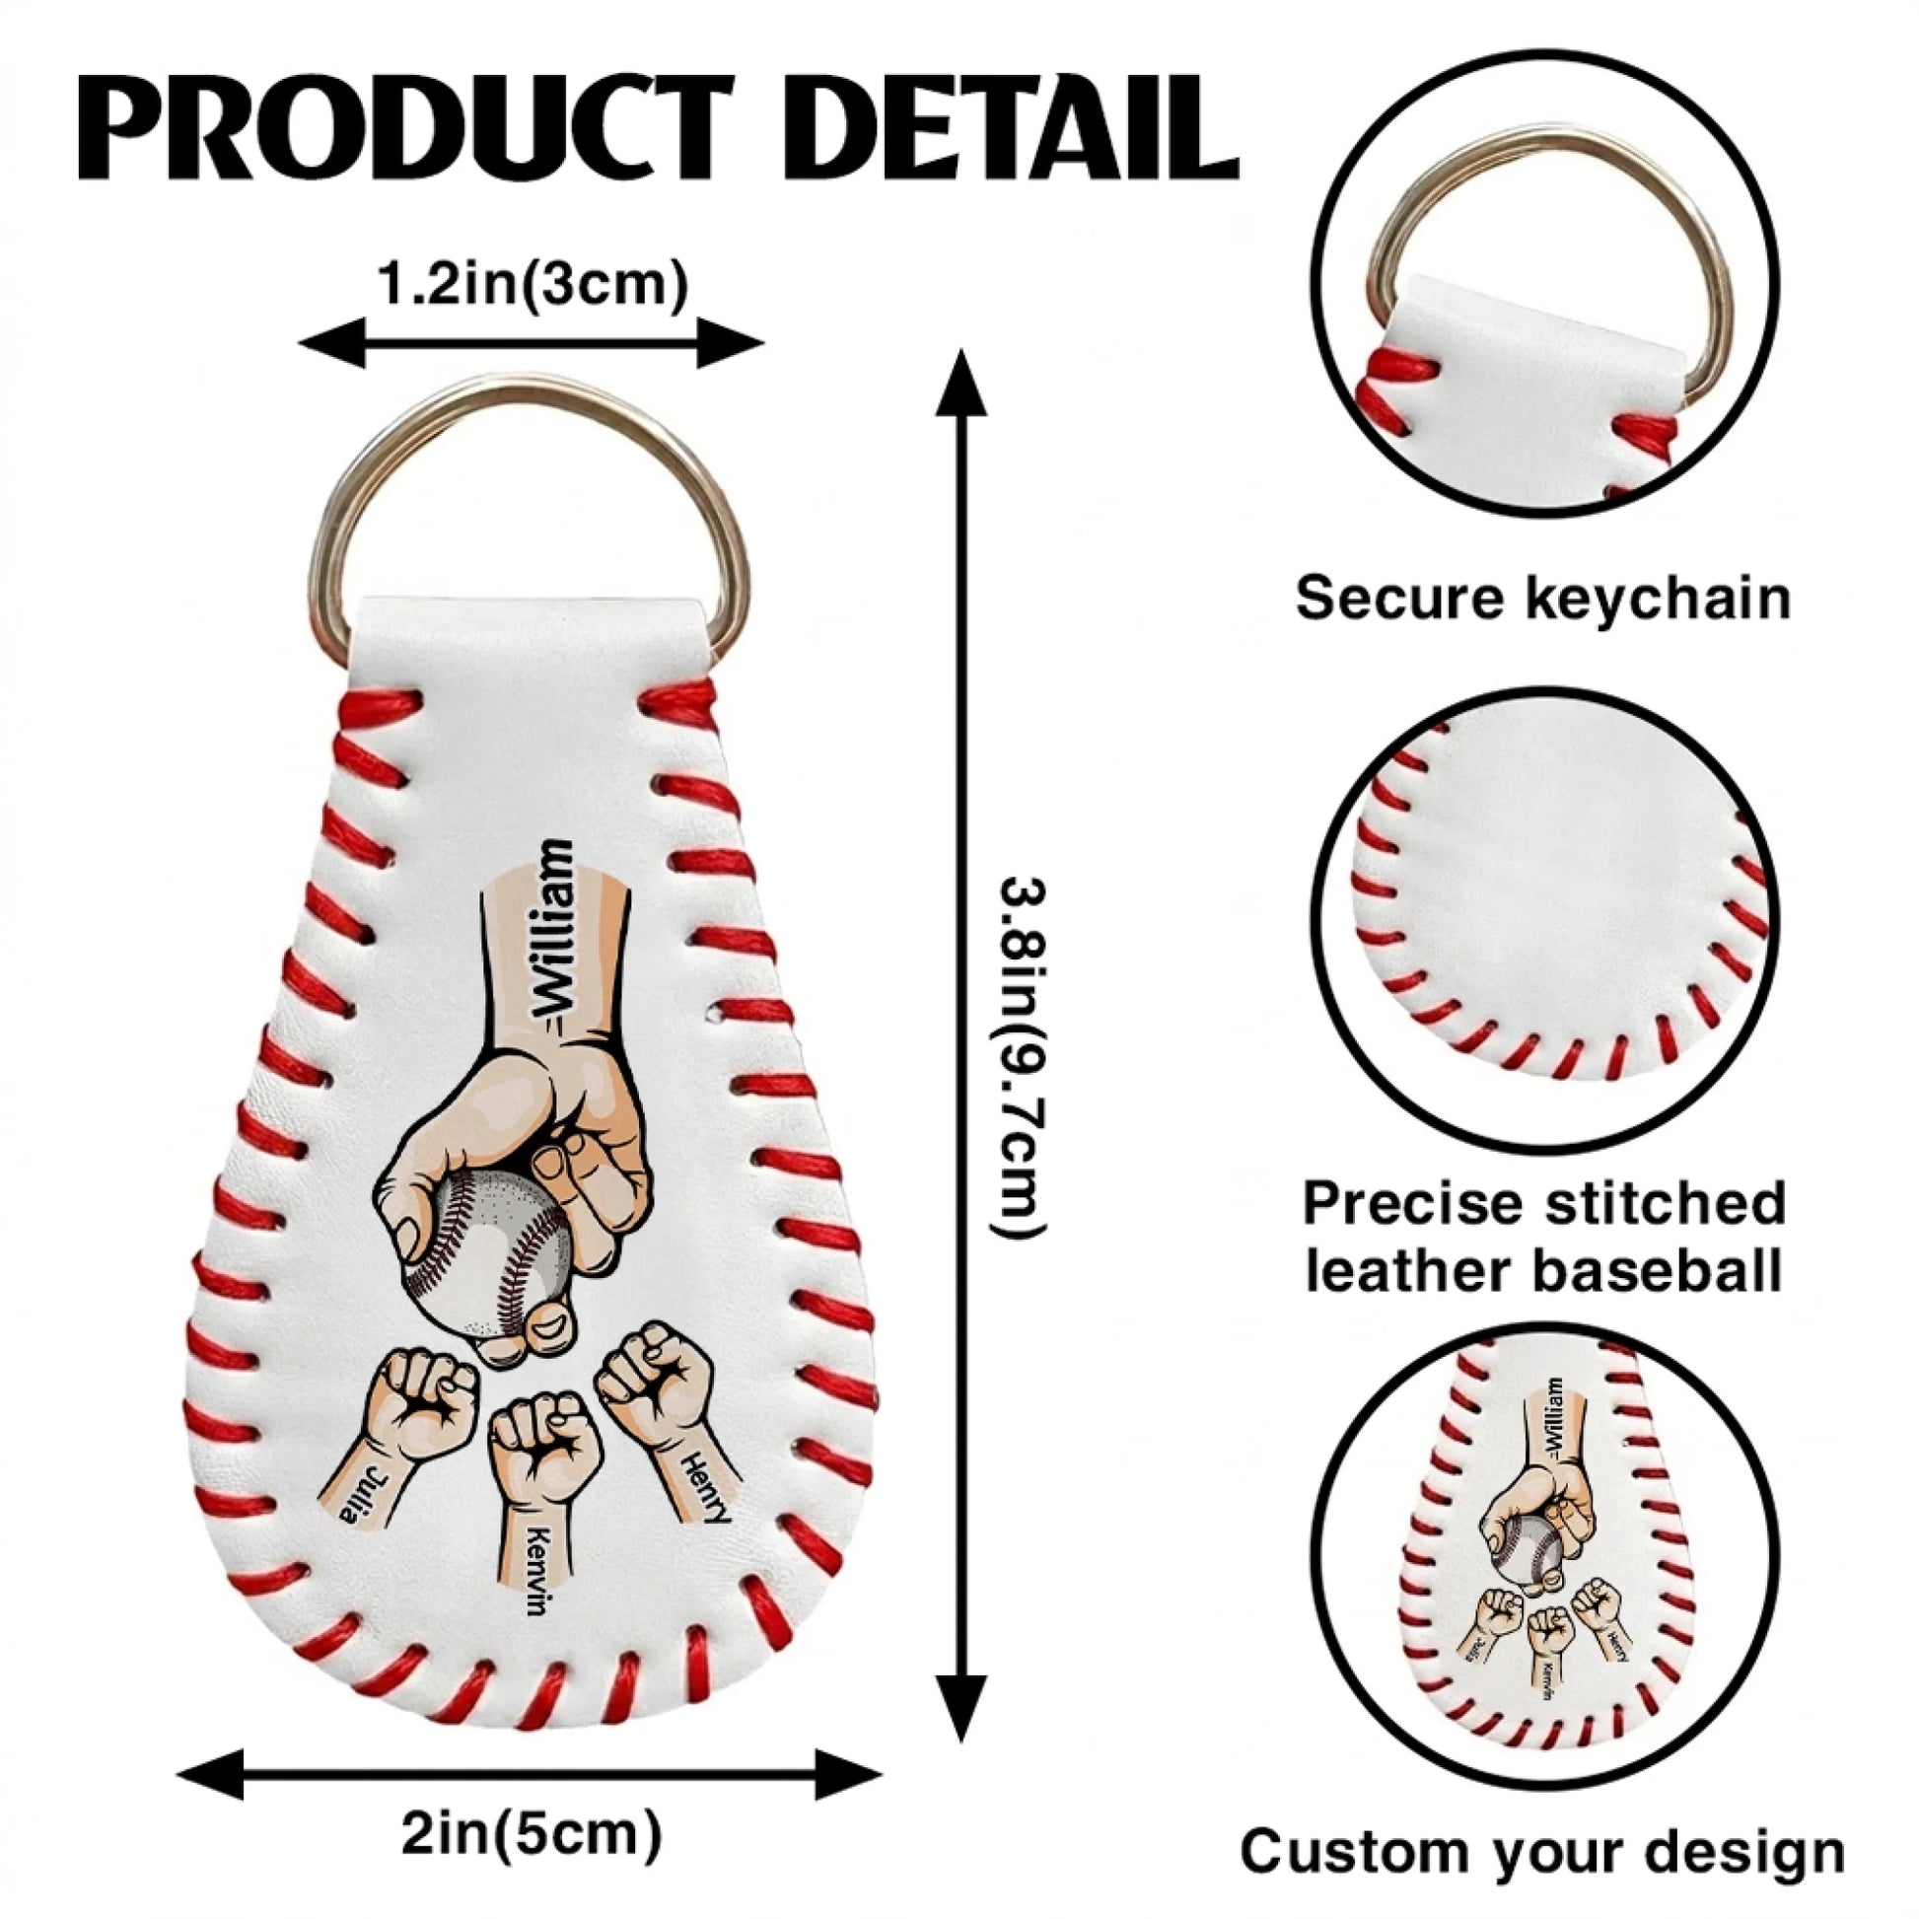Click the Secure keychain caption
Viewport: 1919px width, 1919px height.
click(x=1543, y=599)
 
